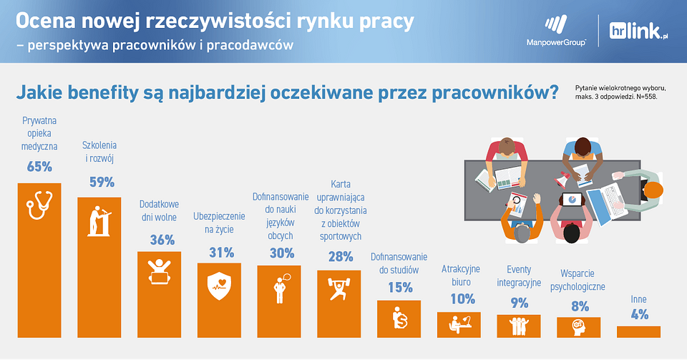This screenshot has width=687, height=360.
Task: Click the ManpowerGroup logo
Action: pos(556,31)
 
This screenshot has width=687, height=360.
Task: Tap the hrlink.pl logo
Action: pos(638,31)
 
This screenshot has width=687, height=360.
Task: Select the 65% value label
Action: pos(39,167)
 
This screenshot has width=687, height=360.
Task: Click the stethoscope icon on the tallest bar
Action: pos(39,205)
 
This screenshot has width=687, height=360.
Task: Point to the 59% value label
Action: pos(102,182)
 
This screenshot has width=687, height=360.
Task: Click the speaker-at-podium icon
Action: pos(99,221)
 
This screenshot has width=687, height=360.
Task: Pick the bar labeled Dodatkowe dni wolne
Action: pos(159,294)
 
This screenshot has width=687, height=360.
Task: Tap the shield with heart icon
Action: pos(219,286)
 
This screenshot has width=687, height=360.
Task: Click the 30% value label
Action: pos(282,253)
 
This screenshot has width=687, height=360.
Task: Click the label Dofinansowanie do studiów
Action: pos(399,263)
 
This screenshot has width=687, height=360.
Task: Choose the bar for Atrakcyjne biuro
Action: pos(459,324)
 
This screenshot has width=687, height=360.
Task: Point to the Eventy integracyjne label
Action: pos(519,276)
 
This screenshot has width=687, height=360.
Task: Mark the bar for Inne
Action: pos(638,331)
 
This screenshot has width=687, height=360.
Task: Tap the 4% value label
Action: pos(640,314)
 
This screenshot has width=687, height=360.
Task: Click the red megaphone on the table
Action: pos(562,179)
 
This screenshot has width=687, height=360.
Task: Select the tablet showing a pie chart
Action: pos(572,200)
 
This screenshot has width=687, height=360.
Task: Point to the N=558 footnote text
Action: pos(646,97)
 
